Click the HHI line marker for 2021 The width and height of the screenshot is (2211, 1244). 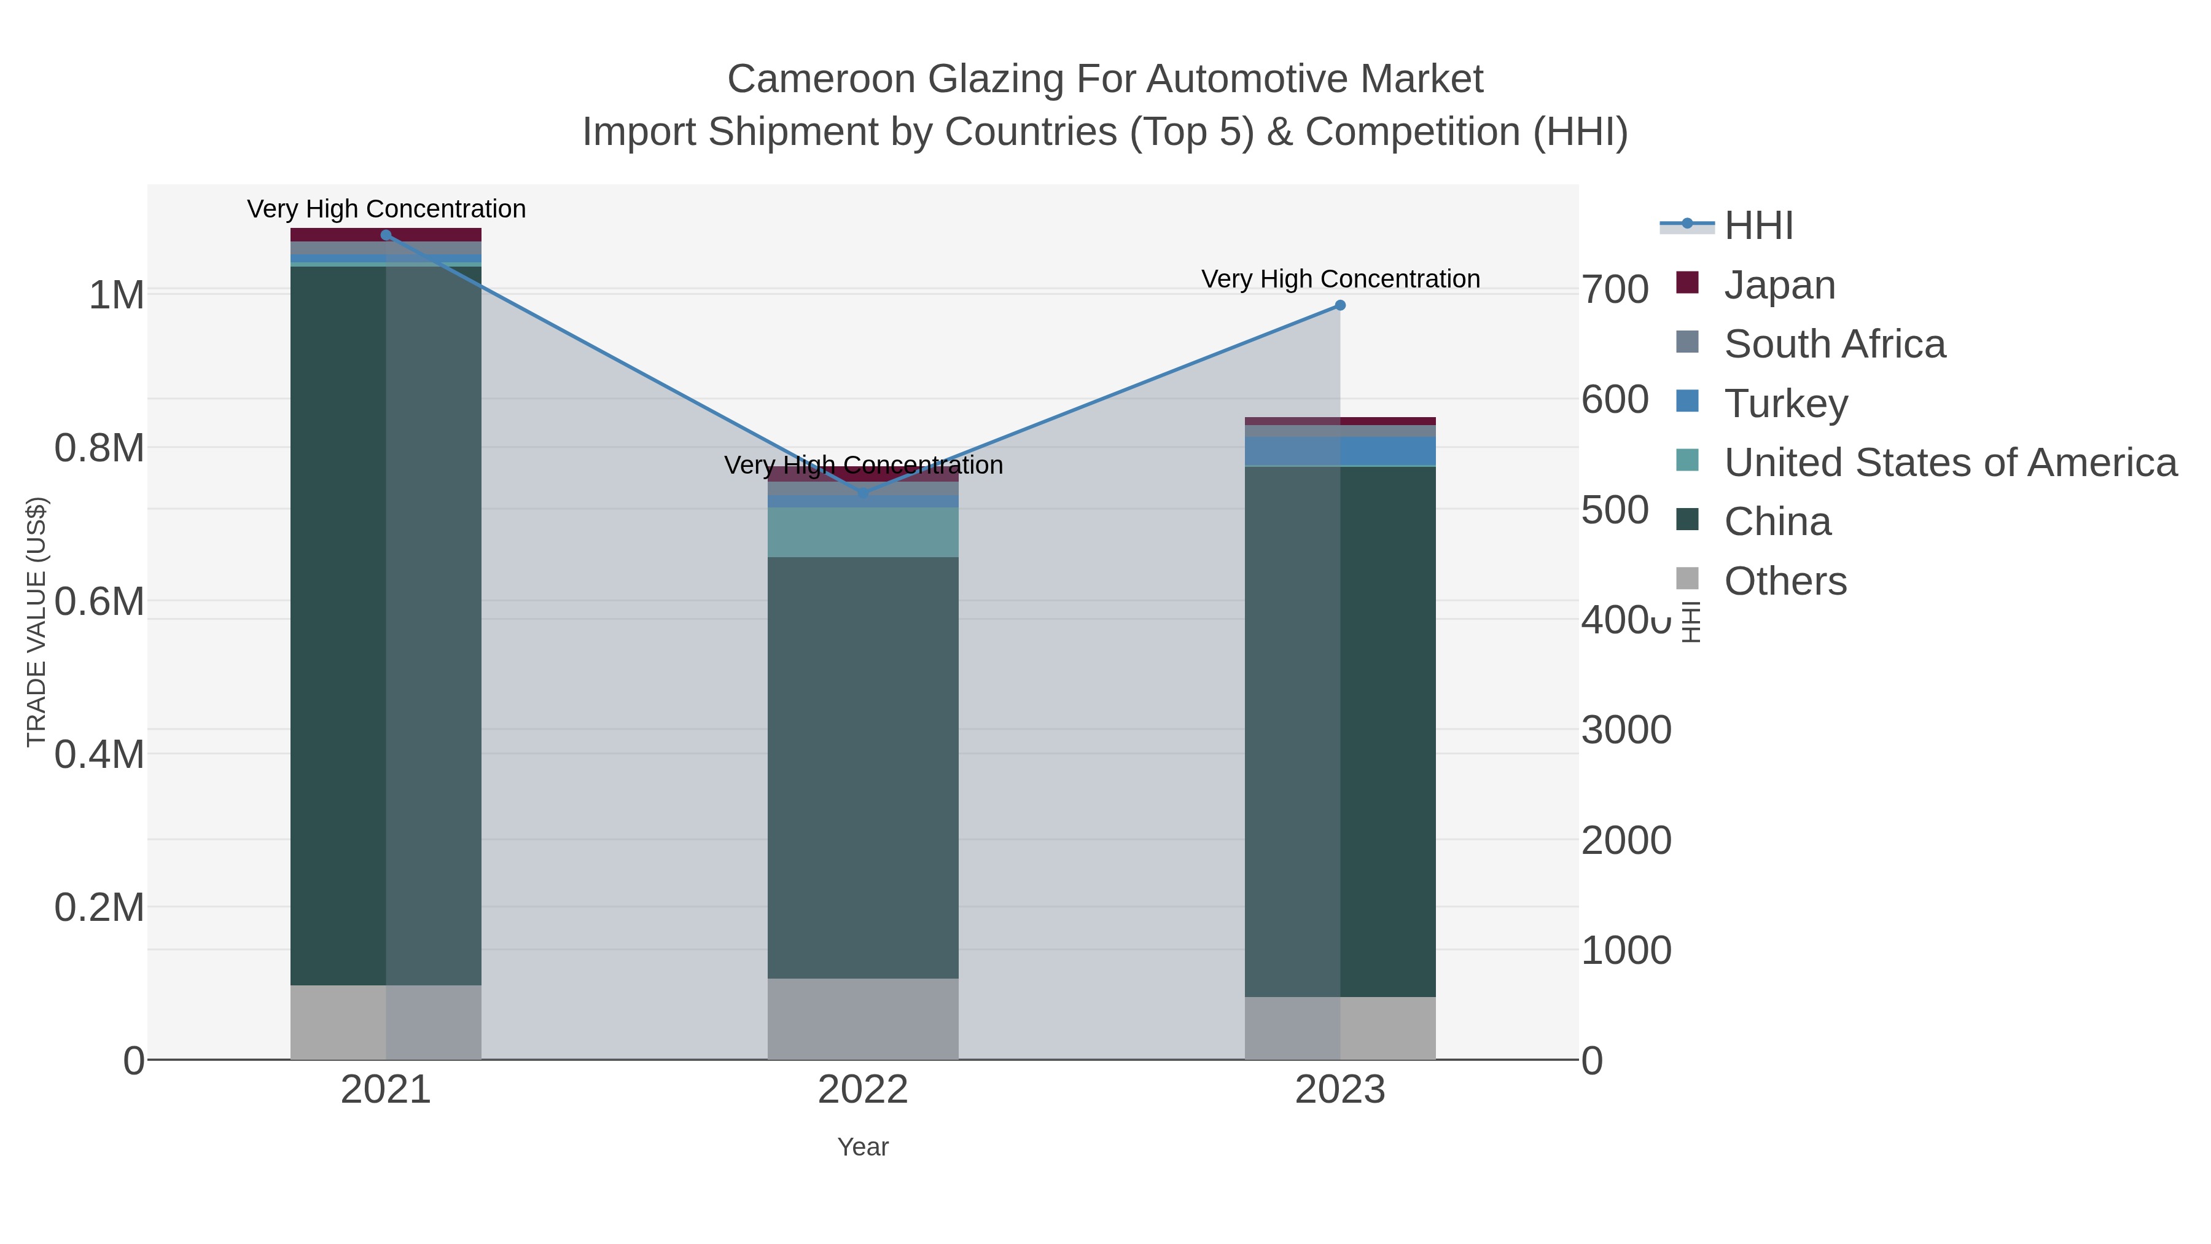click(x=386, y=235)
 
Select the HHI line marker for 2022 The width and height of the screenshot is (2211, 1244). click(x=864, y=494)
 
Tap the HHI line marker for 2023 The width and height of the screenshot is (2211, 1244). click(x=1340, y=306)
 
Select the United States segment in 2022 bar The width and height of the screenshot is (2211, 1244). click(x=863, y=532)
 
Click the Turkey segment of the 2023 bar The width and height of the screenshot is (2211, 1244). click(x=1340, y=451)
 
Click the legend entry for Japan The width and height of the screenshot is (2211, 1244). click(x=1779, y=285)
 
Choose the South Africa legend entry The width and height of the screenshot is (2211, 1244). click(x=1834, y=344)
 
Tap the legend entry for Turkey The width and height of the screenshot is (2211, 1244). click(x=1785, y=404)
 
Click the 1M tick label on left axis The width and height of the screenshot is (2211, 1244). click(x=117, y=295)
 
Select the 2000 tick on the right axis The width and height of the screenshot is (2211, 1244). click(x=1626, y=840)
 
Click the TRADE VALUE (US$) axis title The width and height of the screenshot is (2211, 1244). click(x=36, y=622)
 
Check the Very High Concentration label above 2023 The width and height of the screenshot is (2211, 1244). click(x=1341, y=279)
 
